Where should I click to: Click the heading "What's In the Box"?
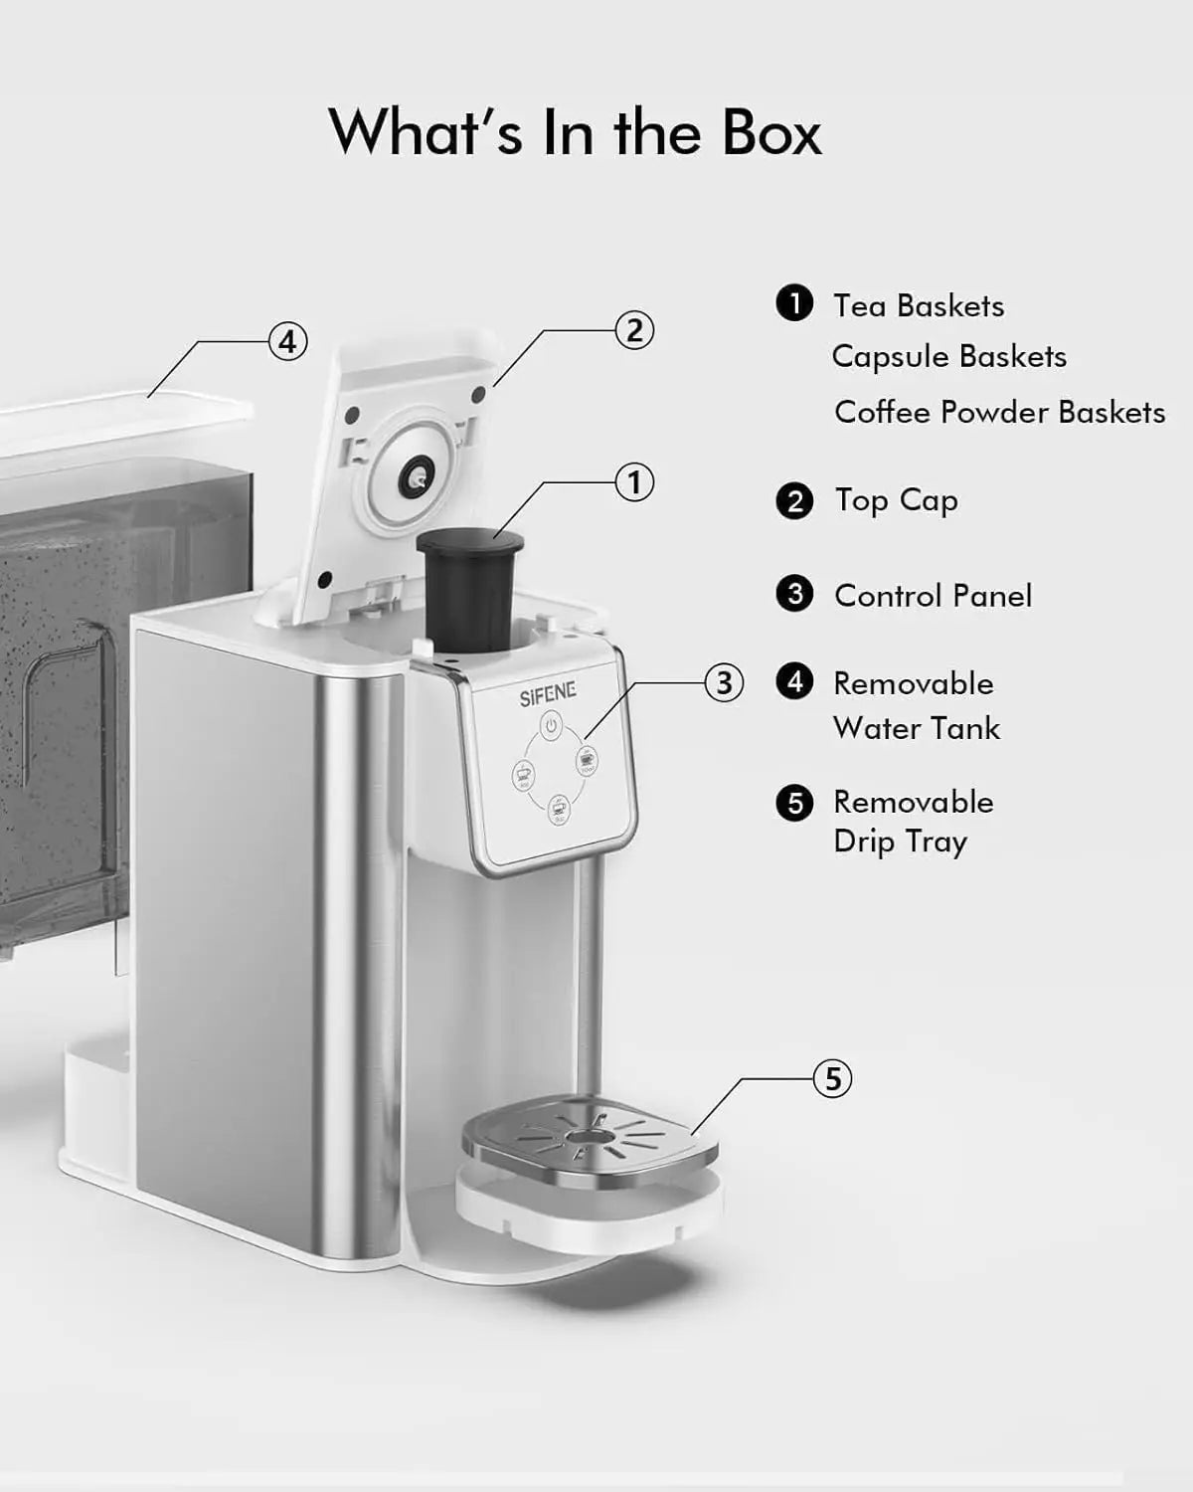coord(576,132)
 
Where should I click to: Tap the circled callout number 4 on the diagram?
coord(287,342)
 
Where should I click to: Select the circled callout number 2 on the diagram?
coord(635,329)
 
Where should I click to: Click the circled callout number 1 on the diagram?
coord(634,483)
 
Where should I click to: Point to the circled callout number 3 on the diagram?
coord(723,683)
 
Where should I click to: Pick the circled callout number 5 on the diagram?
coord(832,1078)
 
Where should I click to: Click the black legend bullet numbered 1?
coord(794,303)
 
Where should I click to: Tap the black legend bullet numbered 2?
coord(794,500)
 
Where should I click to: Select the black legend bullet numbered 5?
coord(794,802)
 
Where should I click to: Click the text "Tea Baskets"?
coord(919,305)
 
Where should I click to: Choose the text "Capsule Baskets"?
coord(948,356)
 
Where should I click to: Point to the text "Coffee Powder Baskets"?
coord(999,412)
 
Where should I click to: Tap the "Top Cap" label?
coord(896,500)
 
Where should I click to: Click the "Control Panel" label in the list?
coord(933,596)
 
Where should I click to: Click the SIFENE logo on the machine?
coord(548,695)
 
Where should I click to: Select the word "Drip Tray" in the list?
coord(900,842)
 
